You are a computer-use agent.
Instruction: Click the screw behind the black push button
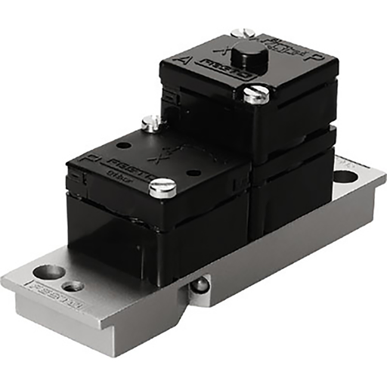point(243,33)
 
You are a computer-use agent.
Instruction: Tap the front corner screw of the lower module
point(163,187)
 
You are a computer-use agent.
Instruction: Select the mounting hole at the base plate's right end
point(345,178)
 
